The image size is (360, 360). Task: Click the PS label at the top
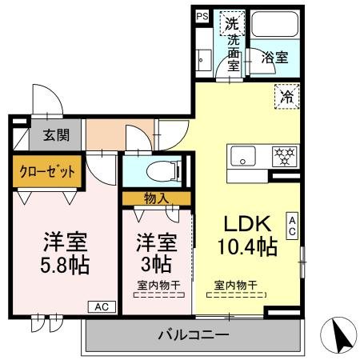click(x=202, y=15)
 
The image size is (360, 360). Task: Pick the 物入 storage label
click(x=156, y=198)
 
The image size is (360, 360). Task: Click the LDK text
click(x=246, y=222)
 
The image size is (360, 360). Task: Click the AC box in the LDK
click(x=293, y=226)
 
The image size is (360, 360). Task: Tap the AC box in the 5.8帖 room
click(x=102, y=306)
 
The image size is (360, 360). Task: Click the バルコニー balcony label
click(x=193, y=335)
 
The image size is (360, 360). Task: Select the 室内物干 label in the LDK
click(x=234, y=286)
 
